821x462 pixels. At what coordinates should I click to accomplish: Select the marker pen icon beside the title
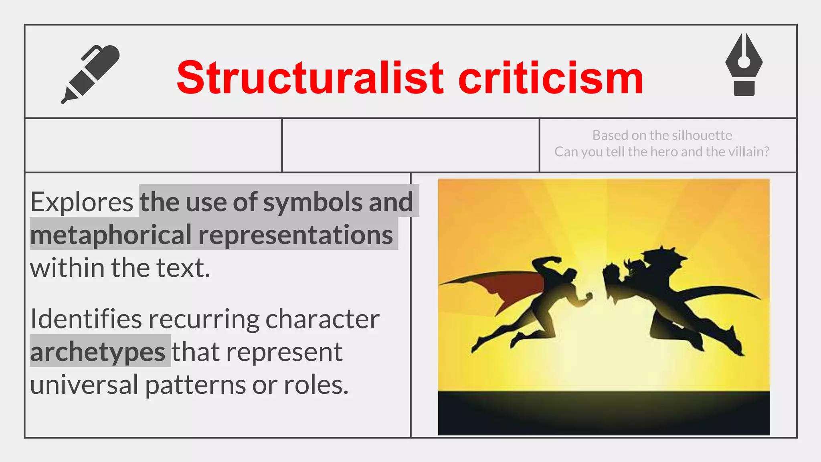click(91, 74)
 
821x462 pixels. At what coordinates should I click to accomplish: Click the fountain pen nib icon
click(744, 64)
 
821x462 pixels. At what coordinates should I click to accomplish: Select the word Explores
click(82, 202)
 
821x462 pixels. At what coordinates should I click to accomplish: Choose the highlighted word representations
click(296, 235)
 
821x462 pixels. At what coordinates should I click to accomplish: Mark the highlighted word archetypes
click(98, 352)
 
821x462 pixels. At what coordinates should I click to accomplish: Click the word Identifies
click(85, 319)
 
